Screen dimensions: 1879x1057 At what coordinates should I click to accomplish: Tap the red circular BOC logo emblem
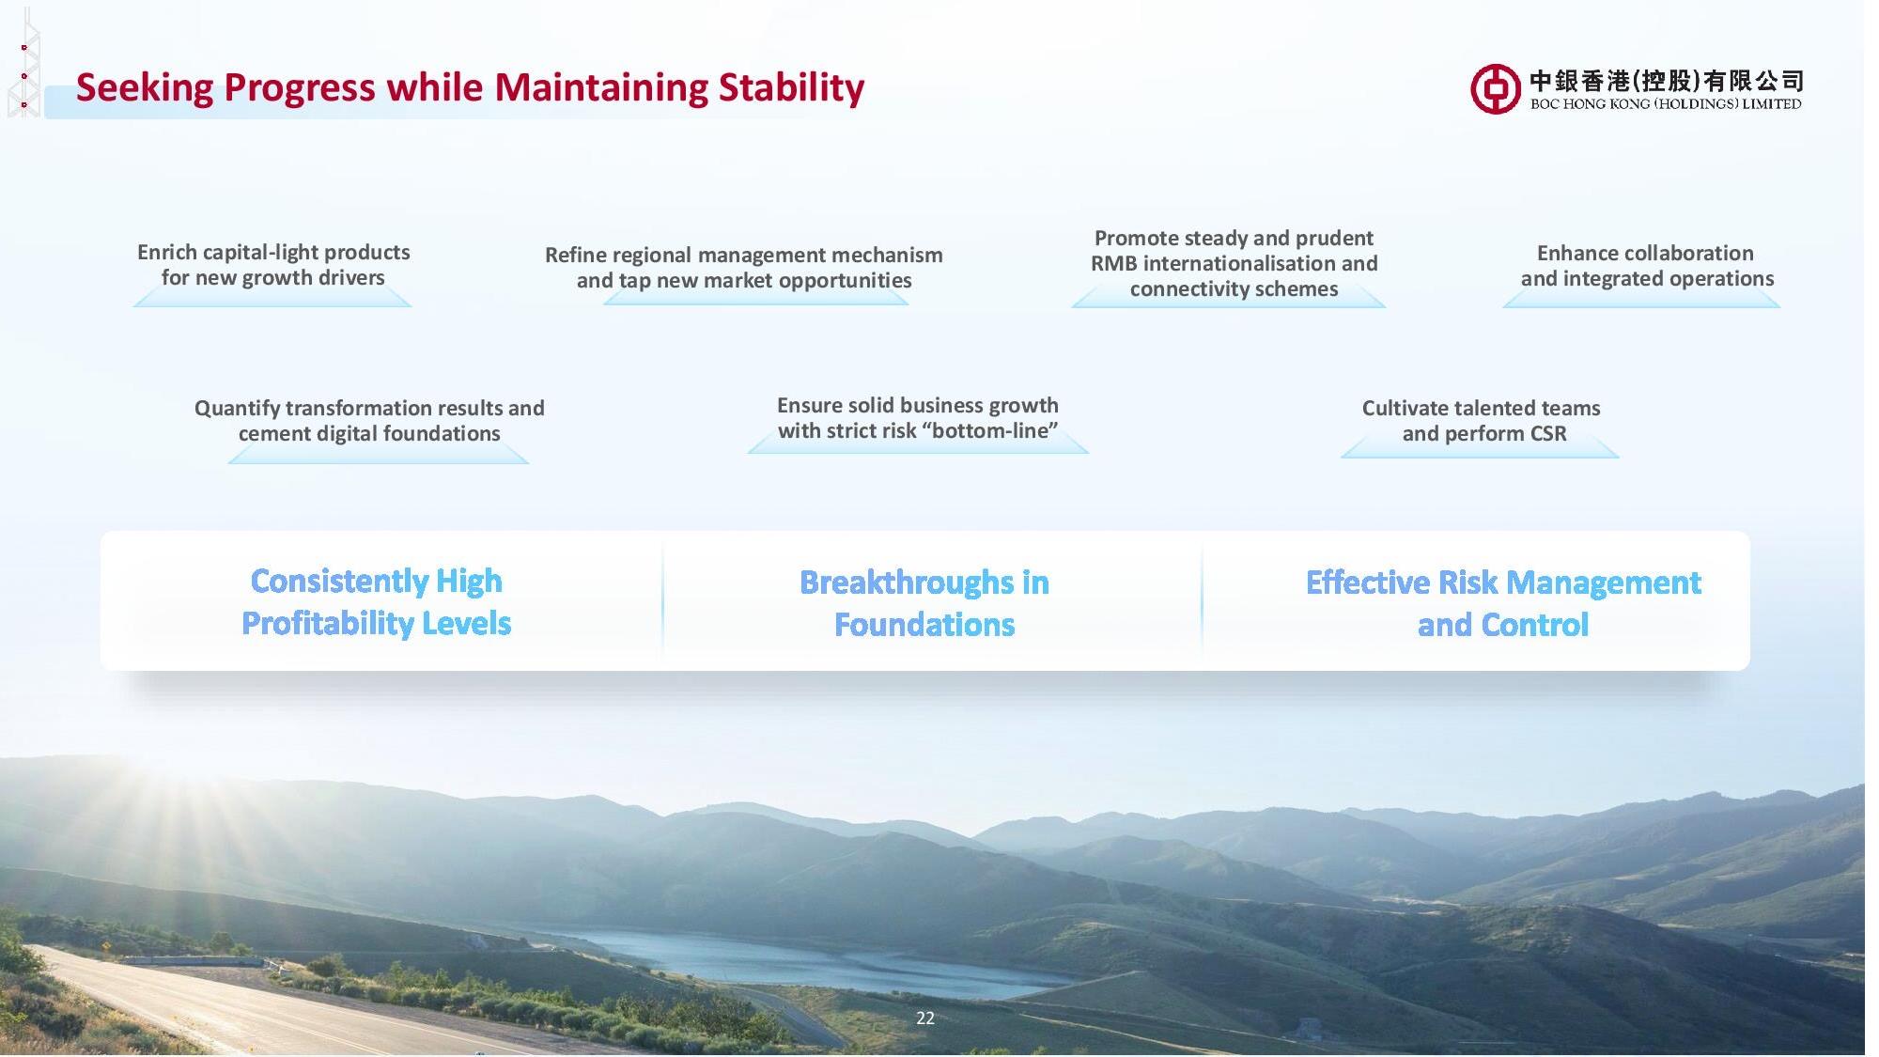1496,89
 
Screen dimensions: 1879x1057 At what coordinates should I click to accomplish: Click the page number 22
925,1018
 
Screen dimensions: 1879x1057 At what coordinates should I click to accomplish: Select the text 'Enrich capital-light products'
273,252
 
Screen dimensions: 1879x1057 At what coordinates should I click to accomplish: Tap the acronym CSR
1548,433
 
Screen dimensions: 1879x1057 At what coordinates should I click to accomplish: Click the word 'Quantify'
237,409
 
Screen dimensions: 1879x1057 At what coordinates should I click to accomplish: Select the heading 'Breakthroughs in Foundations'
924,603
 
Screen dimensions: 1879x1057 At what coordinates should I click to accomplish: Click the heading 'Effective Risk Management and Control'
1503,603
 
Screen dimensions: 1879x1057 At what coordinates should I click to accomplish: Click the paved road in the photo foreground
235,1005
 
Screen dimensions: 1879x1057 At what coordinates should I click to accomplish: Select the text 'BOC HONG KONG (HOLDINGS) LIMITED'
1666,104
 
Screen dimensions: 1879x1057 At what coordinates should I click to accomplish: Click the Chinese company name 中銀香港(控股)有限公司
1667,81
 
